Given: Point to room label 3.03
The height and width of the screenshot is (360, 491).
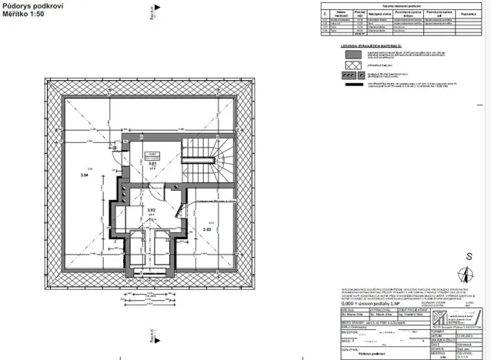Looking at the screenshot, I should tap(206, 228).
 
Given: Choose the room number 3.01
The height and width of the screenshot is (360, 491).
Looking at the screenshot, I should tap(152, 164).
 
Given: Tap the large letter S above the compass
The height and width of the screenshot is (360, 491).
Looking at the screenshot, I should tap(467, 257).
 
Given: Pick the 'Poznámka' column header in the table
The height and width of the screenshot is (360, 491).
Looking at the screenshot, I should tap(469, 13).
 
